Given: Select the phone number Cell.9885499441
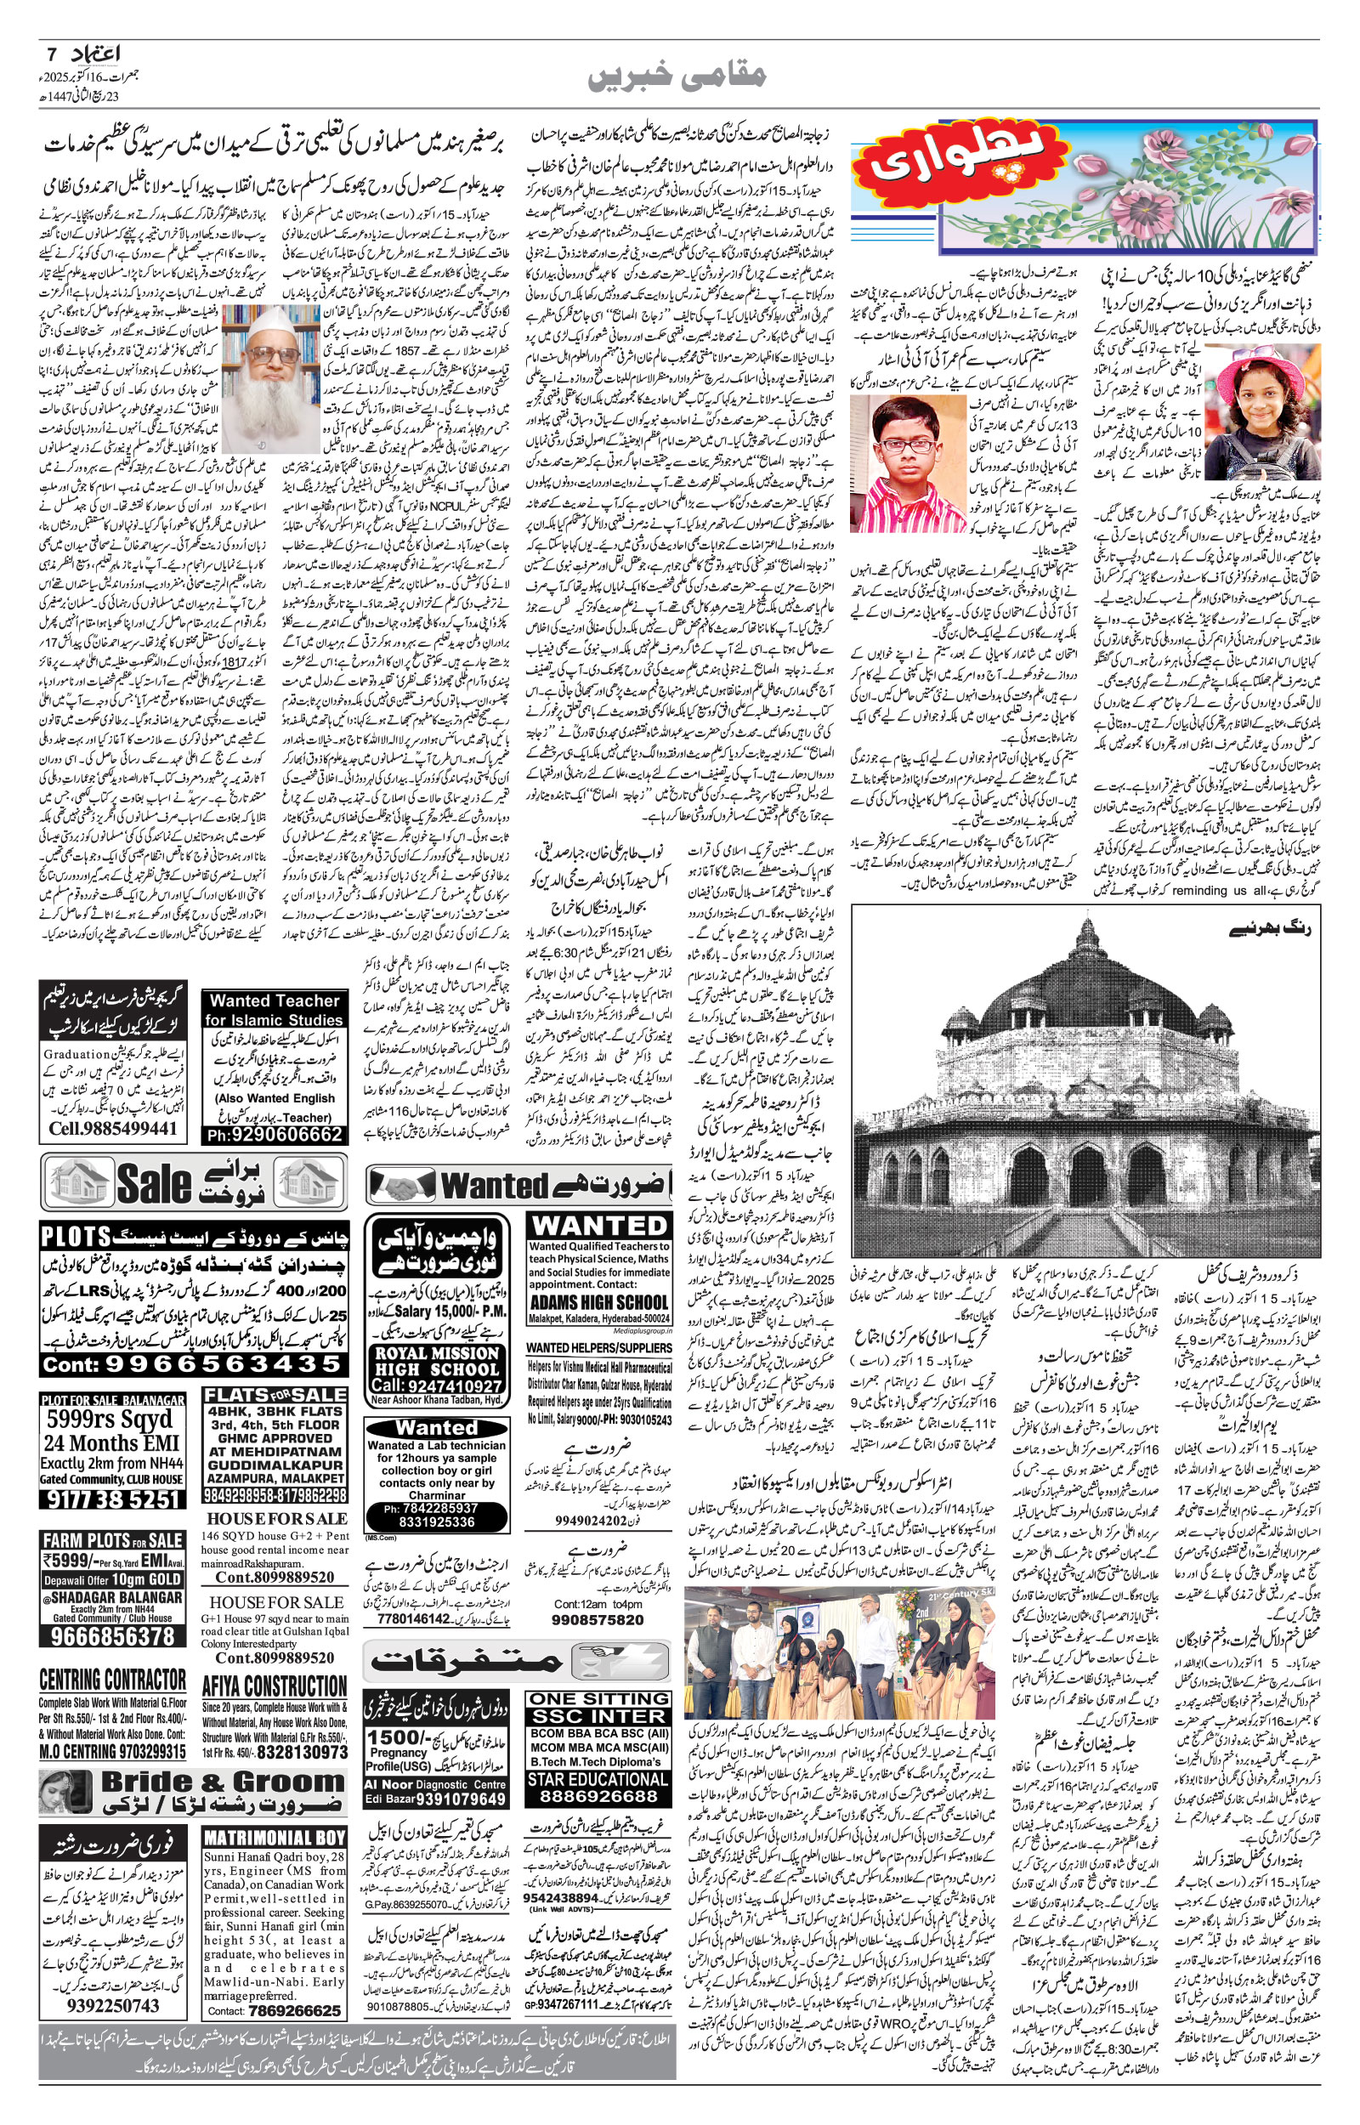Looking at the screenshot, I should coord(112,1129).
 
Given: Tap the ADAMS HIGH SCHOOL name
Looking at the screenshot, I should coord(598,1302).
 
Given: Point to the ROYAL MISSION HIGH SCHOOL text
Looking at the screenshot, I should coord(437,1361).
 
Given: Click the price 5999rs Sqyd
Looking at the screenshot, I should coord(110,1419).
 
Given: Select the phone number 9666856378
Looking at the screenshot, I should coord(113,1635).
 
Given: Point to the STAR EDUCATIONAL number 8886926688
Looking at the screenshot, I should coord(598,1772).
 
